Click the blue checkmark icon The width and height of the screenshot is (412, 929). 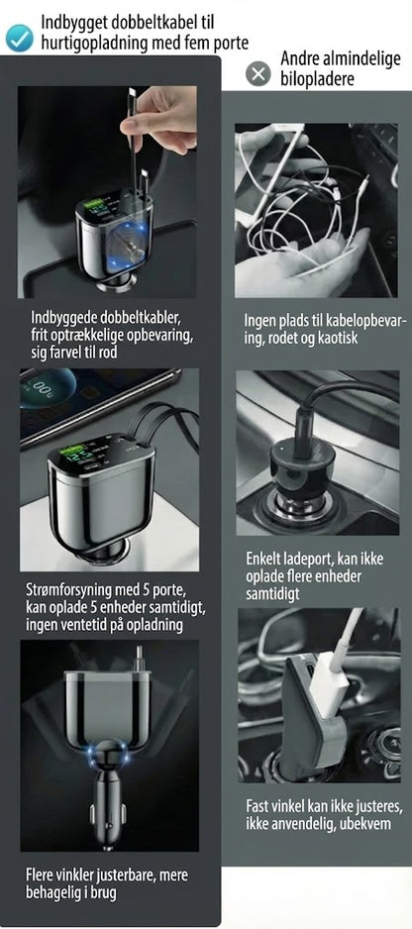[20, 38]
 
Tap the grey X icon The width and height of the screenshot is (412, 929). [257, 74]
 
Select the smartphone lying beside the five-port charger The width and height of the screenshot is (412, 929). [95, 397]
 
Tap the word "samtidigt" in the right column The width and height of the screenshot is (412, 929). [275, 594]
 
